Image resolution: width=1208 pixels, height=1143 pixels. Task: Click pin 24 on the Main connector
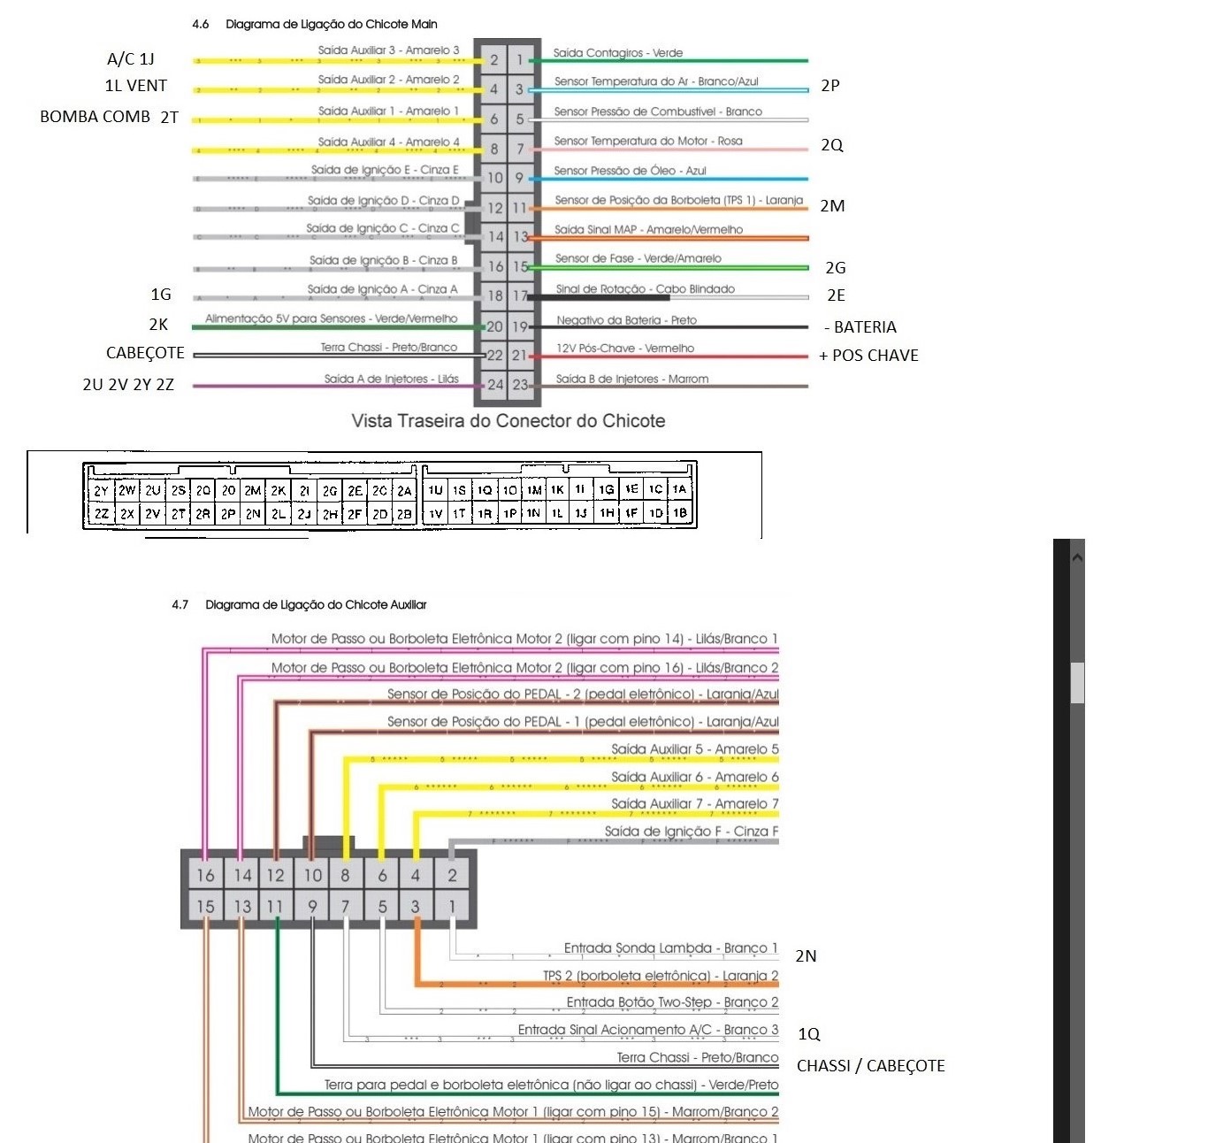495,385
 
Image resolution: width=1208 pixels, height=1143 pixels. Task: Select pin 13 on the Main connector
521,237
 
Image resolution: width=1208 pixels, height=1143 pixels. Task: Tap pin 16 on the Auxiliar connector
205,875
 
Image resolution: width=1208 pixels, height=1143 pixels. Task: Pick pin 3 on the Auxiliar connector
416,906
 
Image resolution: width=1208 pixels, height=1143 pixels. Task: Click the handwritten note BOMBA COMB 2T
109,117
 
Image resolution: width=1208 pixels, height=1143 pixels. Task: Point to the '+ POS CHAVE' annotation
868,356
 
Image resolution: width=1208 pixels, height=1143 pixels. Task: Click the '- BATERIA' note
860,327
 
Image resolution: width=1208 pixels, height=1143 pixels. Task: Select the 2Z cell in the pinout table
102,513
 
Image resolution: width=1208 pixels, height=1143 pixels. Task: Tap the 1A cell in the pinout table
679,489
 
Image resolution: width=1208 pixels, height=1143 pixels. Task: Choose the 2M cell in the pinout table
253,490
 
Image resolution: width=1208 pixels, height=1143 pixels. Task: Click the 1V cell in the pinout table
435,513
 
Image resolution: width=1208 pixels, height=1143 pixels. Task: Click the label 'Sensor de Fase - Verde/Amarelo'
638,258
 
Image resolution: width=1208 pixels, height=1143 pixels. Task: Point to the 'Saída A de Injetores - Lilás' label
391,379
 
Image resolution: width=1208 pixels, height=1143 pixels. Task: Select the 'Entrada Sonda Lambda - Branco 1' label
670,948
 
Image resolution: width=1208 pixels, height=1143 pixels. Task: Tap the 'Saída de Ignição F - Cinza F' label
691,832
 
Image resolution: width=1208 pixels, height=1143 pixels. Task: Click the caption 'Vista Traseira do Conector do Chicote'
508,421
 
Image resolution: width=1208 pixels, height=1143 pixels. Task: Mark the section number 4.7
180,605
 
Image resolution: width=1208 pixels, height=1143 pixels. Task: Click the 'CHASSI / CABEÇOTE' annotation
870,1066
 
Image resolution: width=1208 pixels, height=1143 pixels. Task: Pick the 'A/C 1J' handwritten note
130,59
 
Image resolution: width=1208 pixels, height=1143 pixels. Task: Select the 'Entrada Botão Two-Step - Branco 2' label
672,1002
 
